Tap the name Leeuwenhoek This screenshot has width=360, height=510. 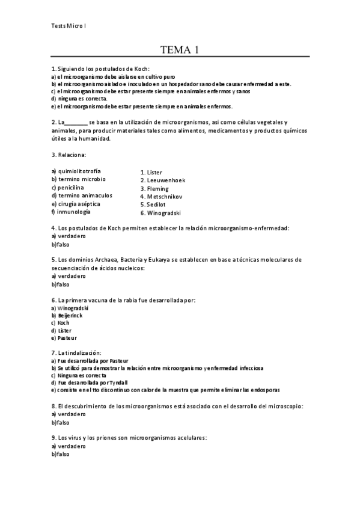click(163, 180)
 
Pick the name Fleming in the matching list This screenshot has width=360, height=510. click(158, 189)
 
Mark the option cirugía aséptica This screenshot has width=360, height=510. click(79, 204)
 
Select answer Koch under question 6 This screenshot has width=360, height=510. click(63, 323)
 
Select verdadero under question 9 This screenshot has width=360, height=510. click(72, 446)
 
